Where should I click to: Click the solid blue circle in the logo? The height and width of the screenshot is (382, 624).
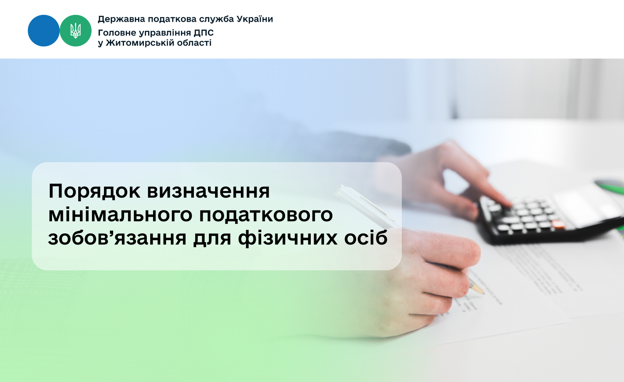44,31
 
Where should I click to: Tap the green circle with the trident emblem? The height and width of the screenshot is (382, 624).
75,31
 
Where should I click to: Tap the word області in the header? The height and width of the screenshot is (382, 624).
197,43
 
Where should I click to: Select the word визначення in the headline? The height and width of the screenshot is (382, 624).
208,191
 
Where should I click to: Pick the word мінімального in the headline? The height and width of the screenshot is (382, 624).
120,215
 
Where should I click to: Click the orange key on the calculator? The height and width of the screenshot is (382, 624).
557,224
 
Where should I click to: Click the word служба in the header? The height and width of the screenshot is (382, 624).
217,19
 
